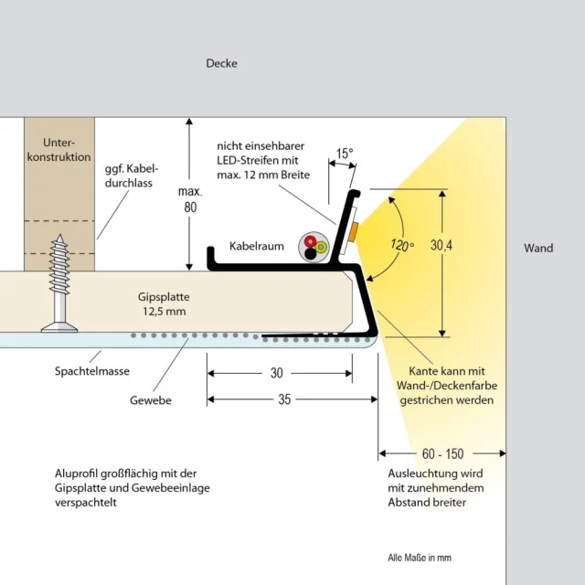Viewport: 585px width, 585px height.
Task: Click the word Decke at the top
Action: point(221,63)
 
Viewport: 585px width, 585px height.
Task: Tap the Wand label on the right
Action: point(538,248)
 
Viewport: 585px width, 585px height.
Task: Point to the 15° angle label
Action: point(344,154)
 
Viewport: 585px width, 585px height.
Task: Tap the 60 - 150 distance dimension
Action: point(442,452)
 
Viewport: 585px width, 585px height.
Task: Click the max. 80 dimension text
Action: point(189,200)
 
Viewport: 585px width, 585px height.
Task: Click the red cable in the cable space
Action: point(312,242)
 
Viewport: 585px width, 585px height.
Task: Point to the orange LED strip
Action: point(352,231)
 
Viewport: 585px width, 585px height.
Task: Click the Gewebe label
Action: point(150,400)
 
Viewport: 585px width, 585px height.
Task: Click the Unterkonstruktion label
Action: point(67,150)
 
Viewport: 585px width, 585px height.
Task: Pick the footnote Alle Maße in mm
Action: point(420,558)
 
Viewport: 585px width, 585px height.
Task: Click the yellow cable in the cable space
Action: point(321,247)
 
